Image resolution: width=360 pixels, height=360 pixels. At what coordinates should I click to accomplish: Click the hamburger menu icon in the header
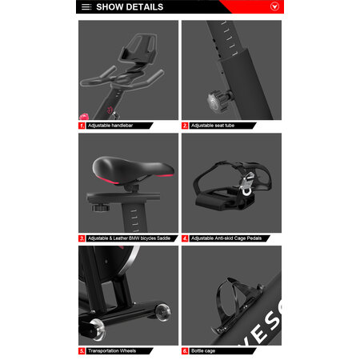click(x=86, y=7)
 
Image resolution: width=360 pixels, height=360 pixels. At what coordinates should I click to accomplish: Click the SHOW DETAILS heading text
click(x=130, y=7)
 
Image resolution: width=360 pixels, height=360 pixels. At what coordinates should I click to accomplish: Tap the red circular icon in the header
click(x=274, y=7)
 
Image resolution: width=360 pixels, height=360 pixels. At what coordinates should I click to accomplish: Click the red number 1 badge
click(x=82, y=126)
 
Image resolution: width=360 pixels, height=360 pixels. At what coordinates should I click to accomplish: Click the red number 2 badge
click(x=185, y=126)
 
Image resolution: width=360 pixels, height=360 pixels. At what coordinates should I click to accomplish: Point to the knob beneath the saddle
click(x=100, y=207)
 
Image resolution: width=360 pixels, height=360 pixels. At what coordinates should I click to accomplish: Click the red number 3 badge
click(x=82, y=238)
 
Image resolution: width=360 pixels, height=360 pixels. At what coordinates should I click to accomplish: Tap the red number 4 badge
click(x=185, y=238)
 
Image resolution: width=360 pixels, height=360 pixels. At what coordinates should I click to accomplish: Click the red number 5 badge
click(x=82, y=350)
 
